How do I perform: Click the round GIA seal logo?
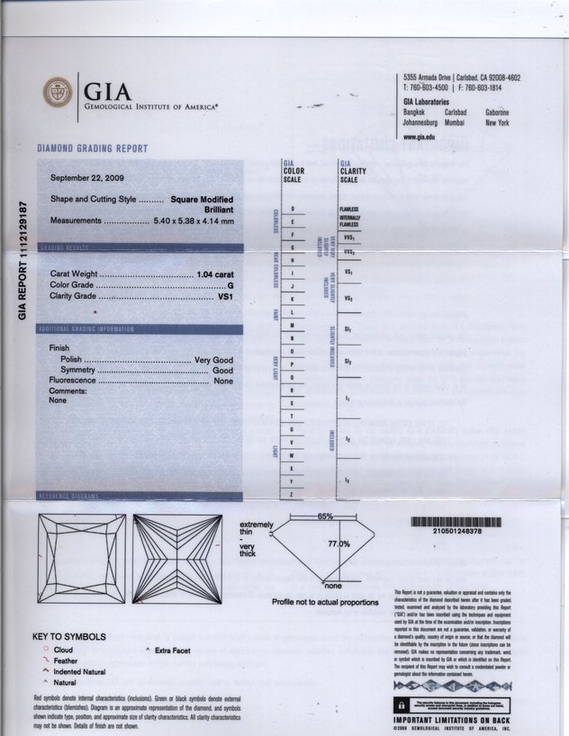[58, 93]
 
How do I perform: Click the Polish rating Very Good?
[214, 359]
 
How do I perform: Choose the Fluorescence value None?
[223, 381]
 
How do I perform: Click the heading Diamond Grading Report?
[93, 148]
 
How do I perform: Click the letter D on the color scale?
[293, 208]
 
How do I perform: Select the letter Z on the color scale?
[292, 494]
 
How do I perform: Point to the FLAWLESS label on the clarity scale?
[349, 209]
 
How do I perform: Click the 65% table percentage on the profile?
[325, 516]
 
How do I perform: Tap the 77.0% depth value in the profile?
[339, 544]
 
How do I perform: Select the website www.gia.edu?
[420, 137]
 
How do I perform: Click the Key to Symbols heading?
[68, 637]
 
